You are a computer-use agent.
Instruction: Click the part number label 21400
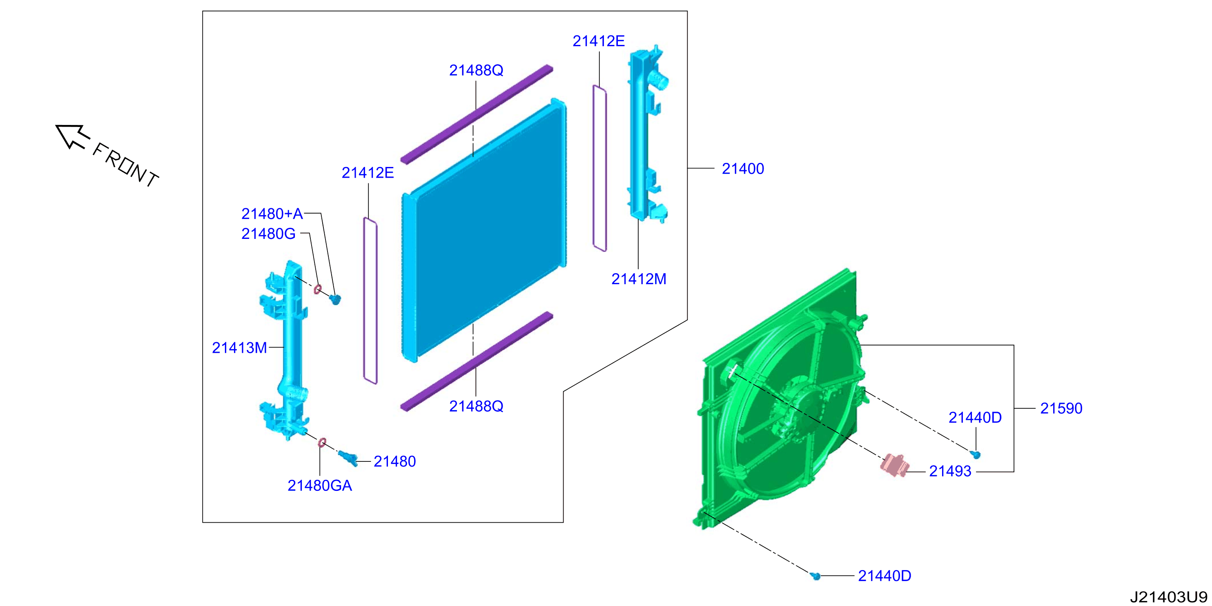[743, 168]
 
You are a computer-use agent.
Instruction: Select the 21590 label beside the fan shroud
[1061, 408]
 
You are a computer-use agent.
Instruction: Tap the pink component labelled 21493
[893, 464]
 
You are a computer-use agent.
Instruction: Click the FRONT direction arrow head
[72, 136]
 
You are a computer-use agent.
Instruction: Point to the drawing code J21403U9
[1169, 597]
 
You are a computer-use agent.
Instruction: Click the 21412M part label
[639, 279]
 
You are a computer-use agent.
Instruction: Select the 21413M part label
[239, 348]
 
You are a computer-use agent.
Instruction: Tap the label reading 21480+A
[272, 214]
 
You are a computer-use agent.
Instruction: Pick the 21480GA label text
[319, 485]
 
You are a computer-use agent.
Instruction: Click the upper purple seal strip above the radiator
[477, 114]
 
